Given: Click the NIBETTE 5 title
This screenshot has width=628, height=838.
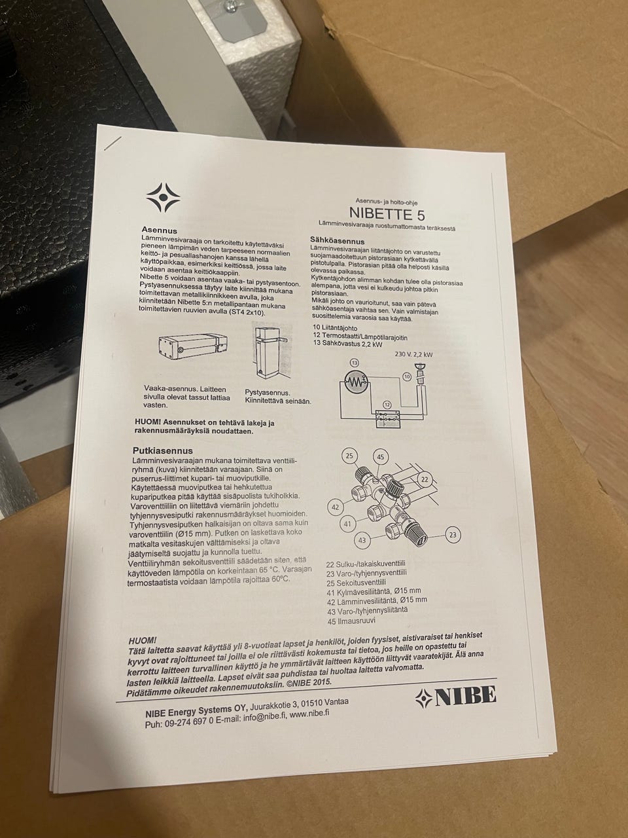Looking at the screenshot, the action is point(387,213).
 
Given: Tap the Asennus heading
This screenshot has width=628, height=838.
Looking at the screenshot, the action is point(160,230).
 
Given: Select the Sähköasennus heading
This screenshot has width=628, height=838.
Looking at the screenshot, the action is point(337,241).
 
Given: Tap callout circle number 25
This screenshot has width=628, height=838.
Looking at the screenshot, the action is point(349,456).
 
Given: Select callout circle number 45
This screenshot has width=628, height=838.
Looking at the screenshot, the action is point(381,457).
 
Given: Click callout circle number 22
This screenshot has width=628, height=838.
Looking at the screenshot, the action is point(425,479).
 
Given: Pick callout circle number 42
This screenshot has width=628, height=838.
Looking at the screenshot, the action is point(336,507).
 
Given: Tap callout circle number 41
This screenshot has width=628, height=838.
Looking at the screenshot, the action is point(347,524).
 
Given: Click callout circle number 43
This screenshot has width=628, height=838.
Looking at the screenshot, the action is point(362,540).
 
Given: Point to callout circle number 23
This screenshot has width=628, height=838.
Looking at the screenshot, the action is point(453,535).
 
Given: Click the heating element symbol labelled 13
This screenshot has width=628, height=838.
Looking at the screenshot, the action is point(355,382).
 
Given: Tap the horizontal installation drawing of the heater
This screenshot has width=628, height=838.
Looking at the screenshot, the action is point(192,348).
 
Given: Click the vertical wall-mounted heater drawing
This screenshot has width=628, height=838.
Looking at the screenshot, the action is point(271,351).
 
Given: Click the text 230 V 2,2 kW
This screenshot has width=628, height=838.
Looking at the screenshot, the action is point(413,355).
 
